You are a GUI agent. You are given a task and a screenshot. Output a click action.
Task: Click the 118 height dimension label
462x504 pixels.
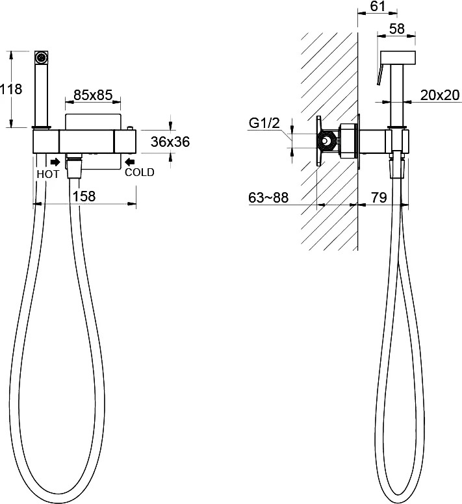11,89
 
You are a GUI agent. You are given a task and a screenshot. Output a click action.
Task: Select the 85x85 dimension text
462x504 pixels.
93,95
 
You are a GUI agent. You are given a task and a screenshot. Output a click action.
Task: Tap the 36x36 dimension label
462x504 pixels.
170,142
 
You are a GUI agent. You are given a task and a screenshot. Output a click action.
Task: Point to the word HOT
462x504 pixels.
48,174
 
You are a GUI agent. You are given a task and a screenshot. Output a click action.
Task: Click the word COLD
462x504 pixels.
140,172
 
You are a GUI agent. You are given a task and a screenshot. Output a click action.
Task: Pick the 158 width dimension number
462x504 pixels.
84,196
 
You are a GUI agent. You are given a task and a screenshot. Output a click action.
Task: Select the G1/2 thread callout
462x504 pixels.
264,123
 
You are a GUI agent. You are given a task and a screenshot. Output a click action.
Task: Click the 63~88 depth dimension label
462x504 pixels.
268,197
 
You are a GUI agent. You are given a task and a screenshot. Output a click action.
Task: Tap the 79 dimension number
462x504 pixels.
379,197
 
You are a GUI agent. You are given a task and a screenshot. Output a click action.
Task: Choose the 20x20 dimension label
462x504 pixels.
440,95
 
